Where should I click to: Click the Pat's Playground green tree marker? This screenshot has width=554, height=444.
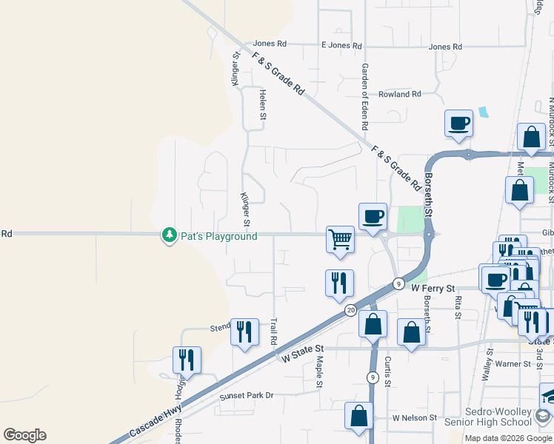pyautogui.click(x=170, y=235)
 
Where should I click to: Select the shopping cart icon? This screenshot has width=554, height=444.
pyautogui.click(x=340, y=240)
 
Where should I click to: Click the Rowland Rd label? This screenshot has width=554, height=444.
pyautogui.click(x=399, y=95)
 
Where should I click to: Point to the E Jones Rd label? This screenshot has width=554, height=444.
pyautogui.click(x=341, y=46)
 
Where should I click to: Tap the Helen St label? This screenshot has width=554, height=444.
pyautogui.click(x=262, y=104)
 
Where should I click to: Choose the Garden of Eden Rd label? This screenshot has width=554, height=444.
pyautogui.click(x=364, y=98)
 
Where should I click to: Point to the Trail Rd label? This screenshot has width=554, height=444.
pyautogui.click(x=273, y=332)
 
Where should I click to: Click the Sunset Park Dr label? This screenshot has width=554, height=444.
pyautogui.click(x=247, y=396)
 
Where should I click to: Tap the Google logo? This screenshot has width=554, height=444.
pyautogui.click(x=24, y=435)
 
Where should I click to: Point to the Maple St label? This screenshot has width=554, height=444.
pyautogui.click(x=319, y=372)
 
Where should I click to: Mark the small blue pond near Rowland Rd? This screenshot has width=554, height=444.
pyautogui.click(x=484, y=112)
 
